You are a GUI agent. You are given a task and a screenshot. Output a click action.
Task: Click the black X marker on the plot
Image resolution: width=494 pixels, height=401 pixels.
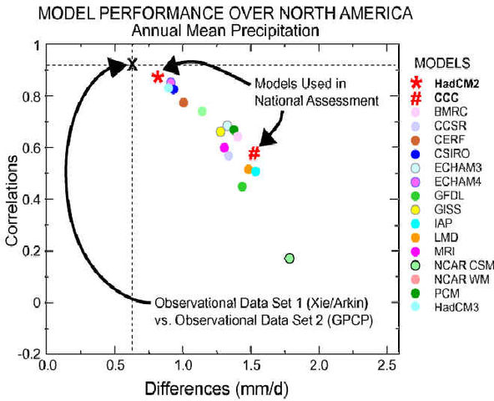pyautogui.click(x=131, y=64)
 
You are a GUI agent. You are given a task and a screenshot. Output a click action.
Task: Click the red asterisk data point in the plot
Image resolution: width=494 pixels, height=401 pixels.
pyautogui.click(x=158, y=78)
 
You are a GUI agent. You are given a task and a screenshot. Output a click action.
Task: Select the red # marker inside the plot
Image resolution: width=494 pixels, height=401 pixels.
pyautogui.click(x=255, y=154)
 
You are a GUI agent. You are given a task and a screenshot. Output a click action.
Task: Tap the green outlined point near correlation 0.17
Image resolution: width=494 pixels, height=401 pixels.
pyautogui.click(x=290, y=258)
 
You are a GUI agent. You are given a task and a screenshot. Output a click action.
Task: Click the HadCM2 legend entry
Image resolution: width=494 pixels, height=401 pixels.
pyautogui.click(x=446, y=84)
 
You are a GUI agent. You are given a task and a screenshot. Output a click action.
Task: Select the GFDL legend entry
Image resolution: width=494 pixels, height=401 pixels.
pyautogui.click(x=441, y=195)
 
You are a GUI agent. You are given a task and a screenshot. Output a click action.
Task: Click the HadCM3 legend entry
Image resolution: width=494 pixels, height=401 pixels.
pyautogui.click(x=446, y=307)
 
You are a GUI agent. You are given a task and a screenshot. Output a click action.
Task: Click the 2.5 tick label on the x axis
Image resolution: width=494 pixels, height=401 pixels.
pyautogui.click(x=386, y=366)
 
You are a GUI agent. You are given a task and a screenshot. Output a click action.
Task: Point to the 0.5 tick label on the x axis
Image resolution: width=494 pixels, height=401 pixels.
pyautogui.click(x=115, y=366)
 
